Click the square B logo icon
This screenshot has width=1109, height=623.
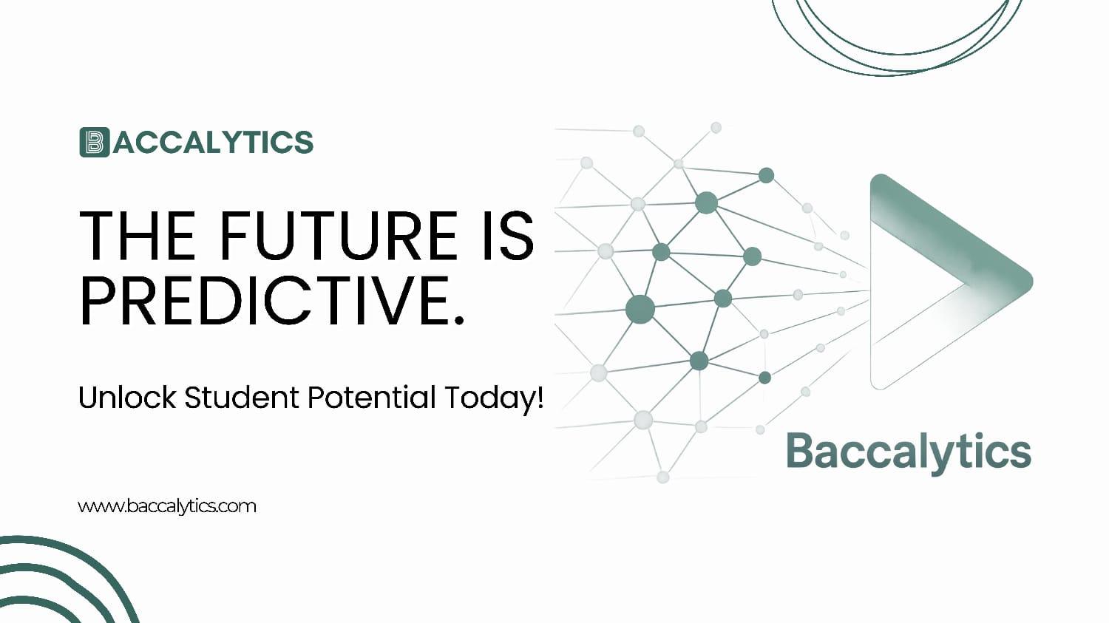click(x=94, y=143)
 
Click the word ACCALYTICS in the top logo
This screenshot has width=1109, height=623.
click(x=214, y=143)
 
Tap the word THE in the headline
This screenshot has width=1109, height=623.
click(x=138, y=236)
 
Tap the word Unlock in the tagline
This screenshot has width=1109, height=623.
click(x=127, y=398)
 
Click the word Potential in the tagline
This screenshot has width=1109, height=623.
click(x=372, y=398)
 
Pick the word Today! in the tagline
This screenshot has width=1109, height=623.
click(x=493, y=398)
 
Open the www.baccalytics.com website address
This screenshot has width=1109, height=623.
click(x=167, y=506)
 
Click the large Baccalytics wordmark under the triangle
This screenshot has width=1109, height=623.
click(x=908, y=452)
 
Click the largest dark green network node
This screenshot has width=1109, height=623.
click(x=640, y=309)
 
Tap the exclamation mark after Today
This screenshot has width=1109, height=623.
click(x=539, y=398)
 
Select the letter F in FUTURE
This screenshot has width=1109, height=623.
click(x=234, y=236)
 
